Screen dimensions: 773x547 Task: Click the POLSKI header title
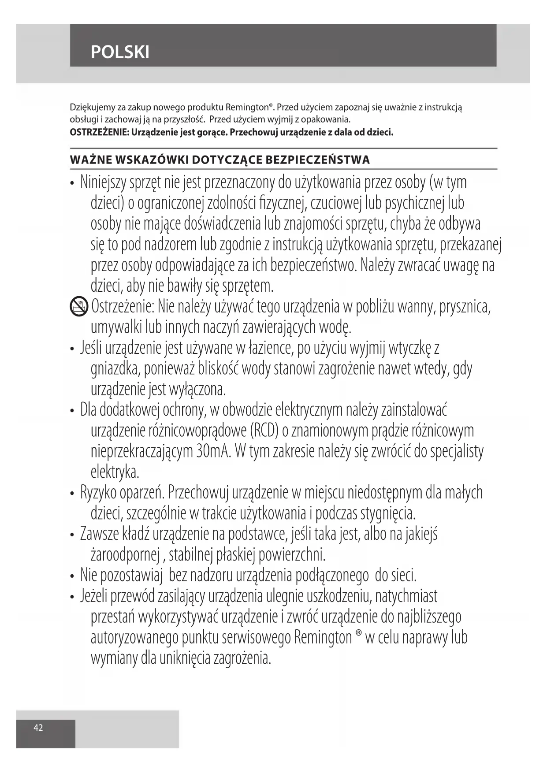120,52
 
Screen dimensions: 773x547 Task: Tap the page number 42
38,728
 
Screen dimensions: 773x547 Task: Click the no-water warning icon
79,306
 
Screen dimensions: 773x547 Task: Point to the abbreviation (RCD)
264,431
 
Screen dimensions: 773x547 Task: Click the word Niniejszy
103,182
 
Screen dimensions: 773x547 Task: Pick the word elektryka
115,472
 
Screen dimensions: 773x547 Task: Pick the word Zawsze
100,534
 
